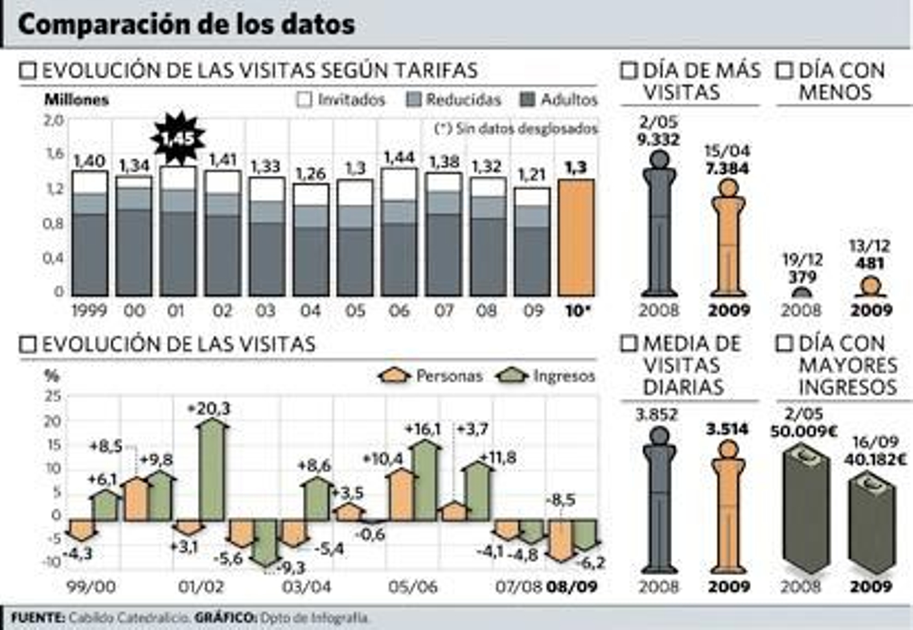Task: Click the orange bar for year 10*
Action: [x=576, y=237]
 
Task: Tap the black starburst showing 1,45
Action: [x=178, y=139]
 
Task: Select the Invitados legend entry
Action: [x=341, y=100]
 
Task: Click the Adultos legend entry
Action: [x=559, y=100]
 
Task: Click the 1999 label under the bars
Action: [x=89, y=311]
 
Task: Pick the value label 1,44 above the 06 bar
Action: [x=399, y=157]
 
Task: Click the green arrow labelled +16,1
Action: [x=426, y=480]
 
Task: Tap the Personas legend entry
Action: [x=431, y=376]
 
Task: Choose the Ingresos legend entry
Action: [x=546, y=376]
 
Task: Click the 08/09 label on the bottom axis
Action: [x=572, y=587]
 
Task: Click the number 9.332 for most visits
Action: [x=658, y=139]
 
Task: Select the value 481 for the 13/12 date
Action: [x=870, y=263]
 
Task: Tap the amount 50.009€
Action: [x=803, y=432]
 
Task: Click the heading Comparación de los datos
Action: [x=187, y=25]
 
